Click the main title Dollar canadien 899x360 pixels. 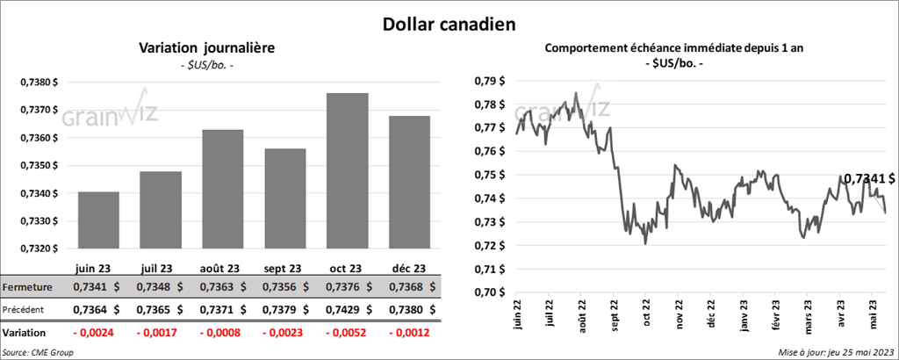[x=449, y=23]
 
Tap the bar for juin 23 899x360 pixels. [x=98, y=220]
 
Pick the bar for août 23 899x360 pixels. [x=223, y=189]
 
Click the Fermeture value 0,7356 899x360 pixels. [x=284, y=287]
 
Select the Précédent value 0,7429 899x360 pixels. [x=346, y=309]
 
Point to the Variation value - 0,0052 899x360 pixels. [x=346, y=334]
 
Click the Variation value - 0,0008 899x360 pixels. [x=222, y=334]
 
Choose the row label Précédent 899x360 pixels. [x=25, y=309]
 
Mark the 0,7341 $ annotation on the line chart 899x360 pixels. [x=868, y=179]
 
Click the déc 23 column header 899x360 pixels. [x=408, y=268]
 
